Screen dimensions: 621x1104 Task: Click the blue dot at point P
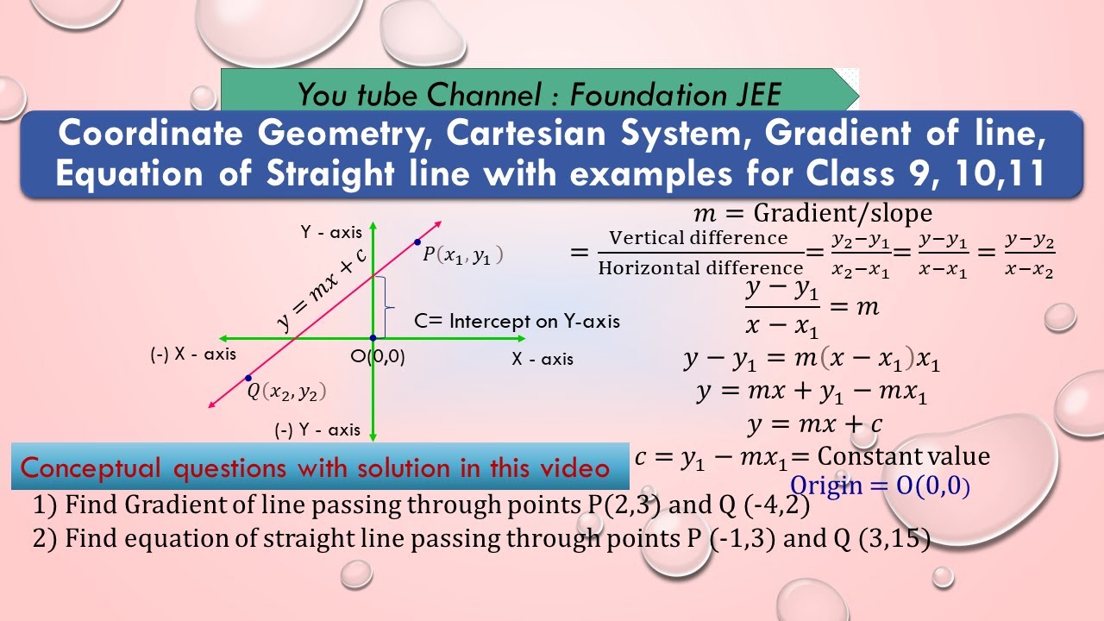pyautogui.click(x=417, y=242)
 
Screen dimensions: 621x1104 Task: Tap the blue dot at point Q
pyautogui.click(x=248, y=378)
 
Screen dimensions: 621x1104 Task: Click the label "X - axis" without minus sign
pyautogui.click(x=542, y=359)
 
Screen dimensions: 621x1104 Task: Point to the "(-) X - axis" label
pyautogui.click(x=192, y=354)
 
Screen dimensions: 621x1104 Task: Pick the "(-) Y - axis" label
pyautogui.click(x=317, y=430)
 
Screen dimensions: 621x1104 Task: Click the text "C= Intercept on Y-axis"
pyautogui.click(x=517, y=321)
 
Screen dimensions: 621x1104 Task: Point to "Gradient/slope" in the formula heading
pyautogui.click(x=843, y=212)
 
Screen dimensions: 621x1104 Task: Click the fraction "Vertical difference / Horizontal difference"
pyautogui.click(x=699, y=253)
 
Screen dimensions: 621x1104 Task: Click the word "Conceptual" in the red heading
pyautogui.click(x=91, y=467)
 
